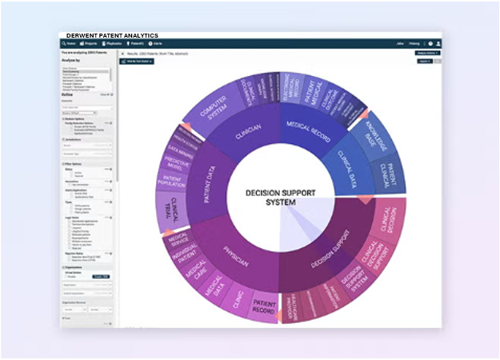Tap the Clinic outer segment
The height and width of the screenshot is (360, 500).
tap(237, 300)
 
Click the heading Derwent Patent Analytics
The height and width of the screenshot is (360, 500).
tap(112, 35)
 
